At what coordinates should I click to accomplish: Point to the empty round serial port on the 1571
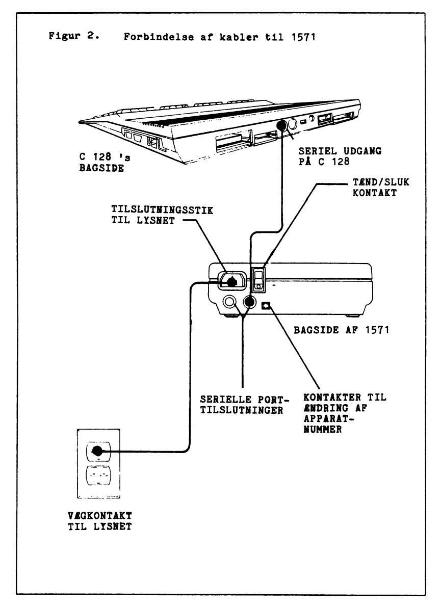[x=230, y=303]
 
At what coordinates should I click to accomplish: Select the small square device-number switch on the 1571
[x=266, y=305]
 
